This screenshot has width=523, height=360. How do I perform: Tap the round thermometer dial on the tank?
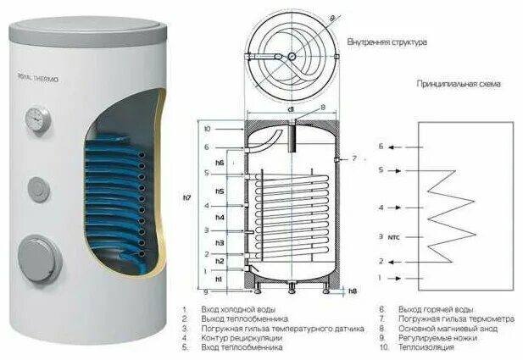(x=36, y=117)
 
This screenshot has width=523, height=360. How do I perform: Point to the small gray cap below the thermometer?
(x=39, y=186)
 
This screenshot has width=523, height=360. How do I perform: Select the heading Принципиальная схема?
(x=458, y=85)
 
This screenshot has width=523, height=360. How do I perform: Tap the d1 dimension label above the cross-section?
(x=290, y=109)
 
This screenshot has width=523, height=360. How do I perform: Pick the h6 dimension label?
(x=220, y=163)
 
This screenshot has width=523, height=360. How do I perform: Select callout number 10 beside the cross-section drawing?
(x=206, y=130)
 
